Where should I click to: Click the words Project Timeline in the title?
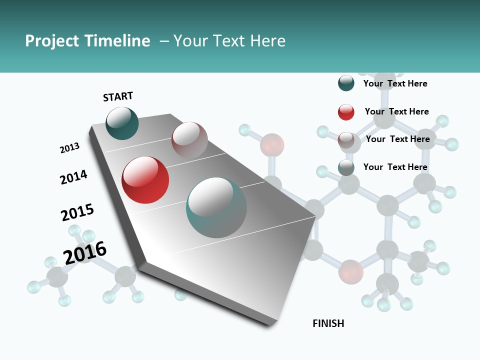(87, 41)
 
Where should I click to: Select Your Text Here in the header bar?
(229, 41)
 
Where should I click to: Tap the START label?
(118, 96)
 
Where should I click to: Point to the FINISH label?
(328, 323)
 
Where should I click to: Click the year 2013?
(69, 148)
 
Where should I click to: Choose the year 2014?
(73, 177)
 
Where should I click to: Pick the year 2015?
(77, 212)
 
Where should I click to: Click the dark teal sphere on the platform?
(122, 123)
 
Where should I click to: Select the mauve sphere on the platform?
(189, 140)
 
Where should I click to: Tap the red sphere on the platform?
(145, 180)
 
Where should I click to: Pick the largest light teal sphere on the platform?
(216, 207)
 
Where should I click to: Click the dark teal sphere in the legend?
(346, 83)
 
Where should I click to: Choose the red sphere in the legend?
(346, 112)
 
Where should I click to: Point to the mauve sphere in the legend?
(346, 140)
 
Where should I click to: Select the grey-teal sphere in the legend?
(346, 167)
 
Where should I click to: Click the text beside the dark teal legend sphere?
(395, 83)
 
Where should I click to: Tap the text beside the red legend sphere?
(396, 111)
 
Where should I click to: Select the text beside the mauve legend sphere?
(397, 139)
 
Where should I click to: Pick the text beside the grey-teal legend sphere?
(395, 167)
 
